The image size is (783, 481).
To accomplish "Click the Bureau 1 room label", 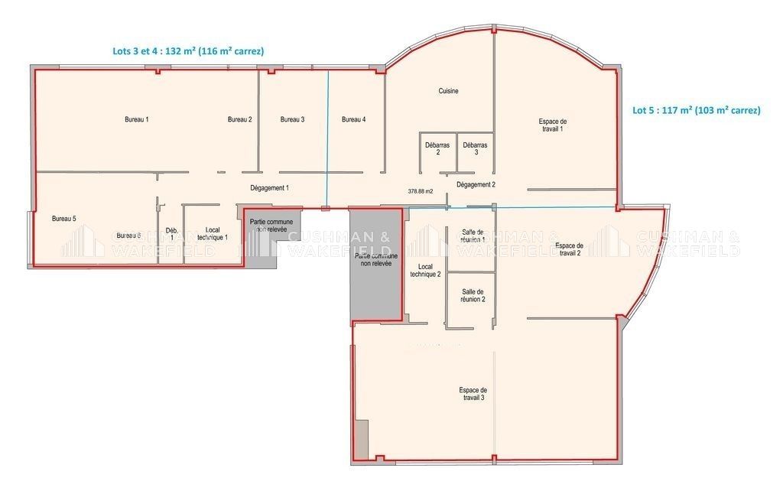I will pyautogui.click(x=136, y=119).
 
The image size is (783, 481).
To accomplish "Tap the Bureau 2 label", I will pyautogui.click(x=239, y=119).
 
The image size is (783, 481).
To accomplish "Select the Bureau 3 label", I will pyautogui.click(x=292, y=119).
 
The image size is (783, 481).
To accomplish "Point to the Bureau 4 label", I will pyautogui.click(x=353, y=119).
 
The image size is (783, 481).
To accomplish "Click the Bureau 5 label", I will pyautogui.click(x=63, y=219).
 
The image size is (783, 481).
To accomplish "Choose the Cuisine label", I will pyautogui.click(x=448, y=92).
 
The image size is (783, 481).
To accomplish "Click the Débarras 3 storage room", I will pyautogui.click(x=475, y=148).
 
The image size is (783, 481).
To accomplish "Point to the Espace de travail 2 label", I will pyautogui.click(x=567, y=249).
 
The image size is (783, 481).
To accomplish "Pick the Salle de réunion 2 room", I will pyautogui.click(x=472, y=295).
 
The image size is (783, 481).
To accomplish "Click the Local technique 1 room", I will pyautogui.click(x=213, y=233).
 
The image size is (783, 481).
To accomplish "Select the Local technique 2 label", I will pyautogui.click(x=425, y=271).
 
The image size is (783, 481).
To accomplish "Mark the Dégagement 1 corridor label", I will pyautogui.click(x=269, y=187).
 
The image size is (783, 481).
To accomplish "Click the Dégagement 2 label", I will pyautogui.click(x=476, y=184).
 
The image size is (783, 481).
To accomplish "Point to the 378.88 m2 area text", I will pyautogui.click(x=421, y=191).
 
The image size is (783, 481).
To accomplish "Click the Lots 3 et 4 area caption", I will pyautogui.click(x=188, y=51).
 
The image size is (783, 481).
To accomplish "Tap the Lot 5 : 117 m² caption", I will pyautogui.click(x=696, y=110).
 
